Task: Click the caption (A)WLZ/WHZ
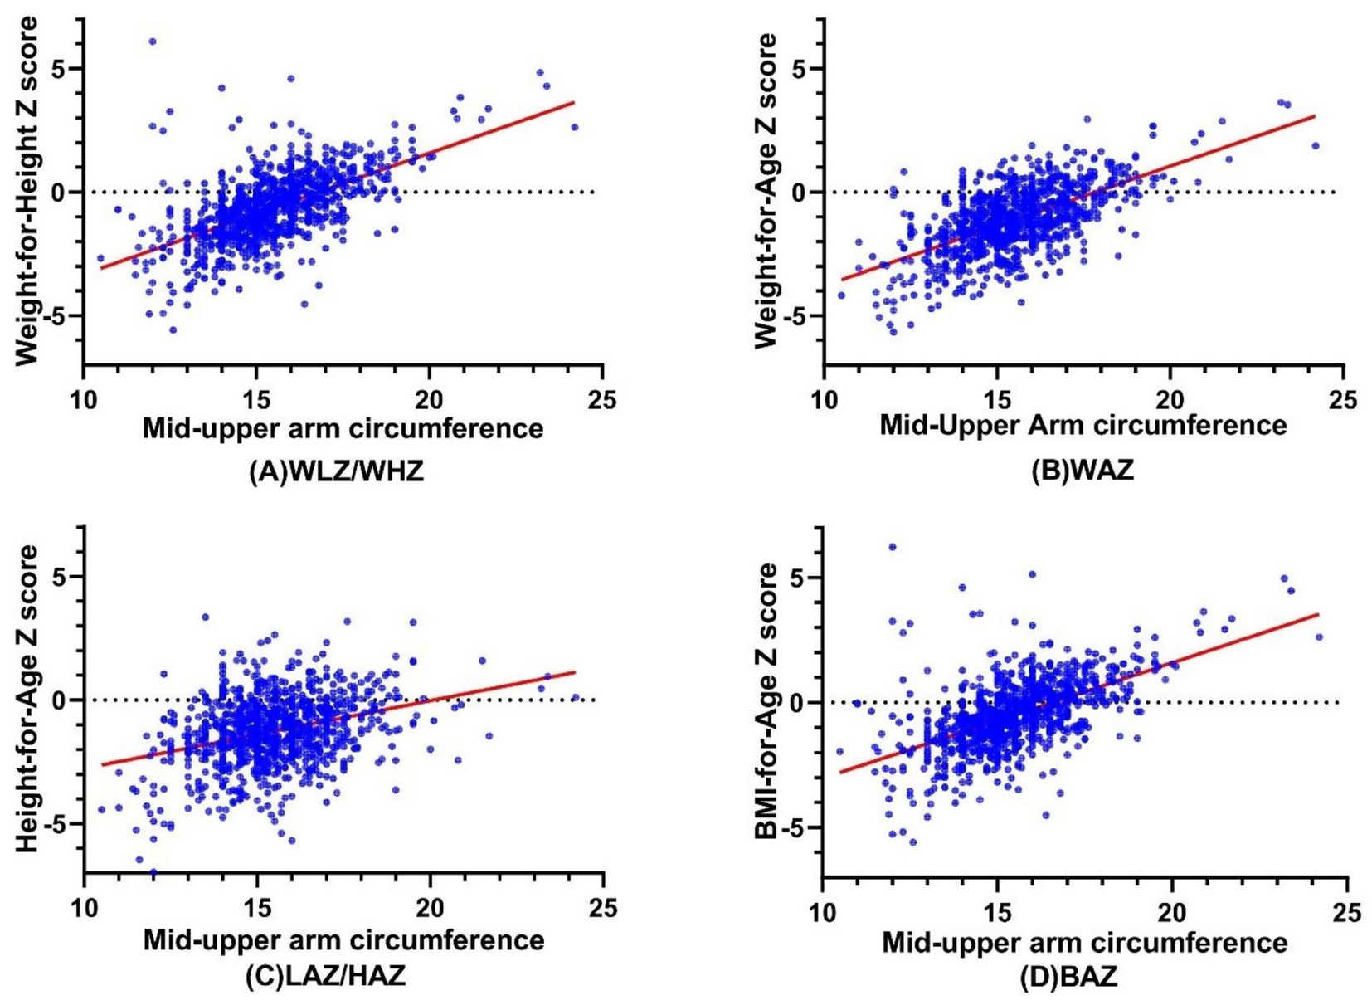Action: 336,471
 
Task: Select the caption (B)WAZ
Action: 1082,471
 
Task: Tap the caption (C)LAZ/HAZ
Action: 326,975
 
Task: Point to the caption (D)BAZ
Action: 1068,977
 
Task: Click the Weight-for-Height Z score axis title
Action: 27,191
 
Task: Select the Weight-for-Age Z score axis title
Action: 767,191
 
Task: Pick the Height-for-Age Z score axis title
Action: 27,699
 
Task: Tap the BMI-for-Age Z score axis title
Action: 767,701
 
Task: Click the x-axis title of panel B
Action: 1083,426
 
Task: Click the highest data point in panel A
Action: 153,41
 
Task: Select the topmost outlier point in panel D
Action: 893,547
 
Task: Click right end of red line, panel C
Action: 574,672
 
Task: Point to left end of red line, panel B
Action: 842,280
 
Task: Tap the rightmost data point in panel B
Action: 1315,146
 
